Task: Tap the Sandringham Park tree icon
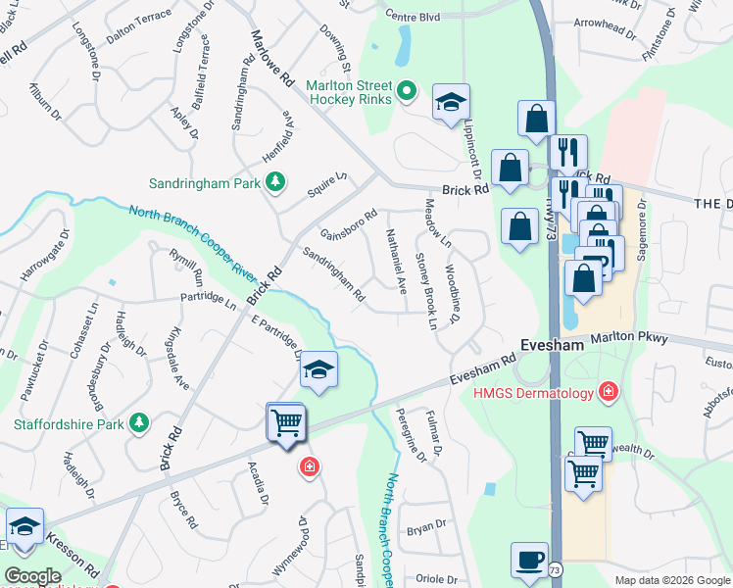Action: [276, 181]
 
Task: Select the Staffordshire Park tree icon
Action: [140, 423]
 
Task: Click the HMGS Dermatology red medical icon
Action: [609, 393]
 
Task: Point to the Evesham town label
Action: [552, 346]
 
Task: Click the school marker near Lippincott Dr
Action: [451, 103]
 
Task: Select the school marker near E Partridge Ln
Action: [318, 370]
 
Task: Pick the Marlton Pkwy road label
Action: [630, 339]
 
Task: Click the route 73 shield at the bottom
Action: [556, 568]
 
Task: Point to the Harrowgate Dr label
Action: [47, 262]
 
